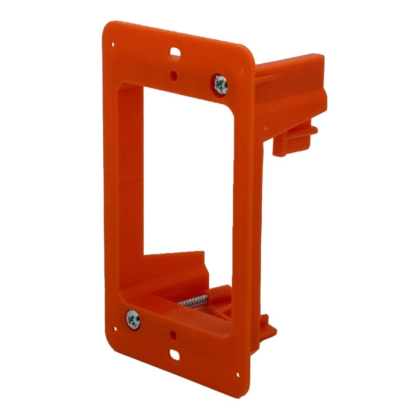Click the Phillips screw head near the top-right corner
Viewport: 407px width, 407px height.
(x=221, y=84)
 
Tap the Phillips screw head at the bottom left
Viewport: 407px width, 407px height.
(x=133, y=318)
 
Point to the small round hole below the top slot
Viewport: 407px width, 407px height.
(x=174, y=75)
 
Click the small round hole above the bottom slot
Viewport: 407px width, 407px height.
(x=174, y=335)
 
